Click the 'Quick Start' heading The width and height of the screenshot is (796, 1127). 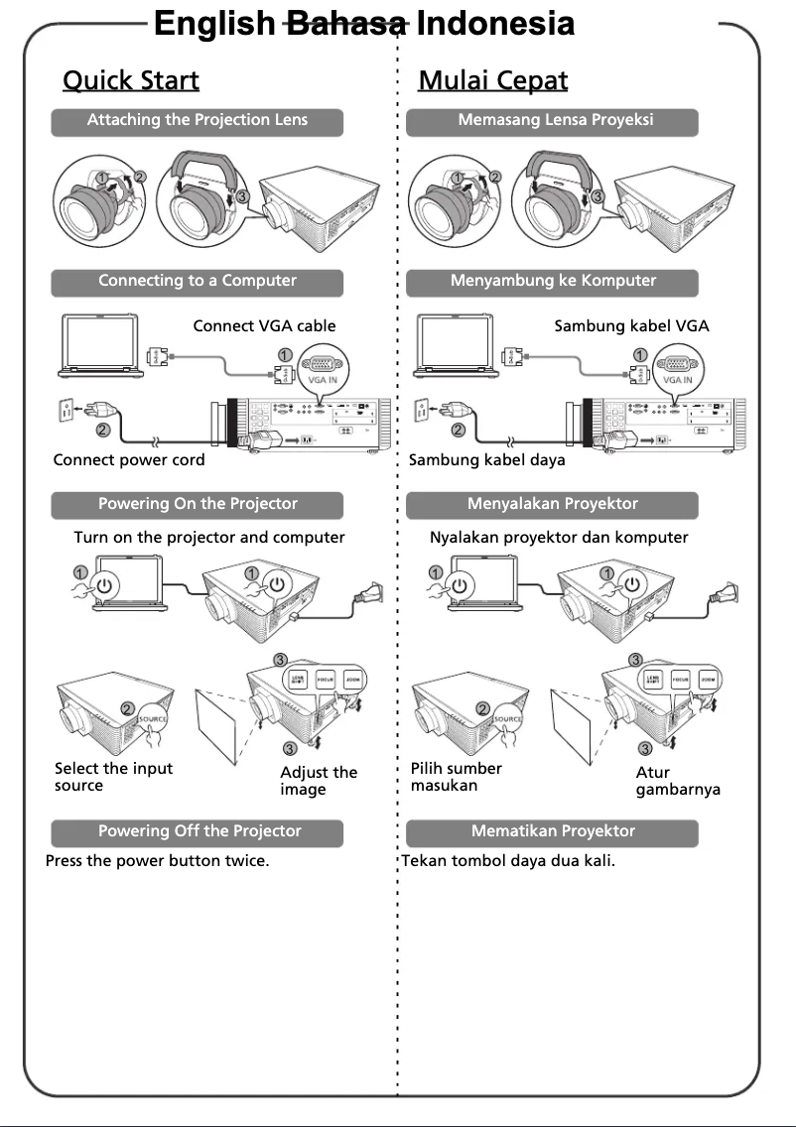tap(130, 80)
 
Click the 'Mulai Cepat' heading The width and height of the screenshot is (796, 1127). tap(492, 80)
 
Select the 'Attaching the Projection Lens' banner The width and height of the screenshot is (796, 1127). tap(197, 121)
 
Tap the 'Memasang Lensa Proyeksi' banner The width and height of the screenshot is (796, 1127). tap(554, 121)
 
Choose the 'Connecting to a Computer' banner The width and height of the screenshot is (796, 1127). tap(197, 282)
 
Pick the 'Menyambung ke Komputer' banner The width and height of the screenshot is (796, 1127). tap(553, 282)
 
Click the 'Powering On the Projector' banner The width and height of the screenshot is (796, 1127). tap(197, 505)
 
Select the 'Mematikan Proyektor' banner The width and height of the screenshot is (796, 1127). tap(553, 832)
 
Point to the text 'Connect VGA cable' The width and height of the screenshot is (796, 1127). tap(264, 325)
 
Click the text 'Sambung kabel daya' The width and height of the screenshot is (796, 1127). tap(487, 460)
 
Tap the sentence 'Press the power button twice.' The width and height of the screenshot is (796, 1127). tap(157, 861)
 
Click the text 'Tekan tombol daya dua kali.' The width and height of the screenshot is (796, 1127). tap(507, 861)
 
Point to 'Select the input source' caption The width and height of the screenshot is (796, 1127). tap(112, 777)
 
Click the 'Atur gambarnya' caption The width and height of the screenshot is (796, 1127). tap(677, 781)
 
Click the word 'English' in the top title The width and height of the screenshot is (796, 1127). tap(214, 24)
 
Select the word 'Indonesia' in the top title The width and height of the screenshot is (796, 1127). tap(495, 24)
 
